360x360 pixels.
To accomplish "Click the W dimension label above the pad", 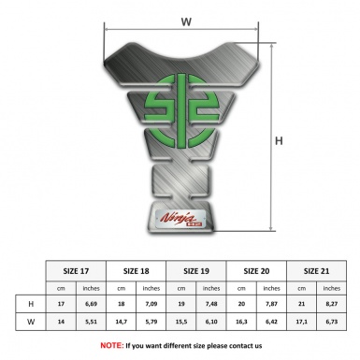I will click(185, 18).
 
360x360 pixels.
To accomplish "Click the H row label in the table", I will click(33, 305).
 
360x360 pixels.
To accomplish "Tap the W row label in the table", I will click(33, 324).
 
